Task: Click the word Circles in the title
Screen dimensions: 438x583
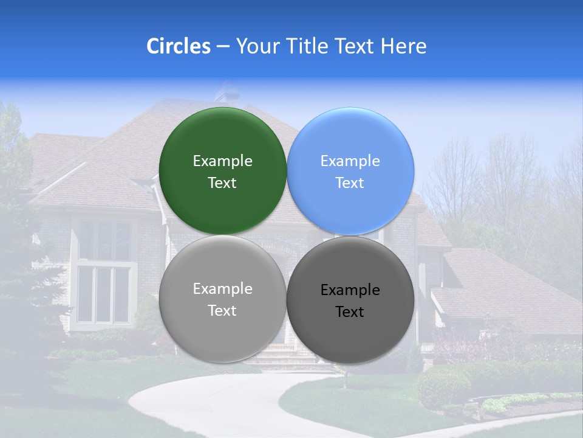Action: (178, 46)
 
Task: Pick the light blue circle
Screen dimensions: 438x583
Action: (350, 140)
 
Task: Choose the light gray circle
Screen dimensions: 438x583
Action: (222, 328)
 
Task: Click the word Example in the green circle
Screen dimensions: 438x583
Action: (222, 161)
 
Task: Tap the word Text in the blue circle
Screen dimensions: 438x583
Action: (350, 183)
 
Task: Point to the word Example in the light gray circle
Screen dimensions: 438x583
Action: (222, 289)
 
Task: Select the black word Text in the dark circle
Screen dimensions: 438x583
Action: (350, 312)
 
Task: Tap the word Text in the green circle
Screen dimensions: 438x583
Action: (222, 183)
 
